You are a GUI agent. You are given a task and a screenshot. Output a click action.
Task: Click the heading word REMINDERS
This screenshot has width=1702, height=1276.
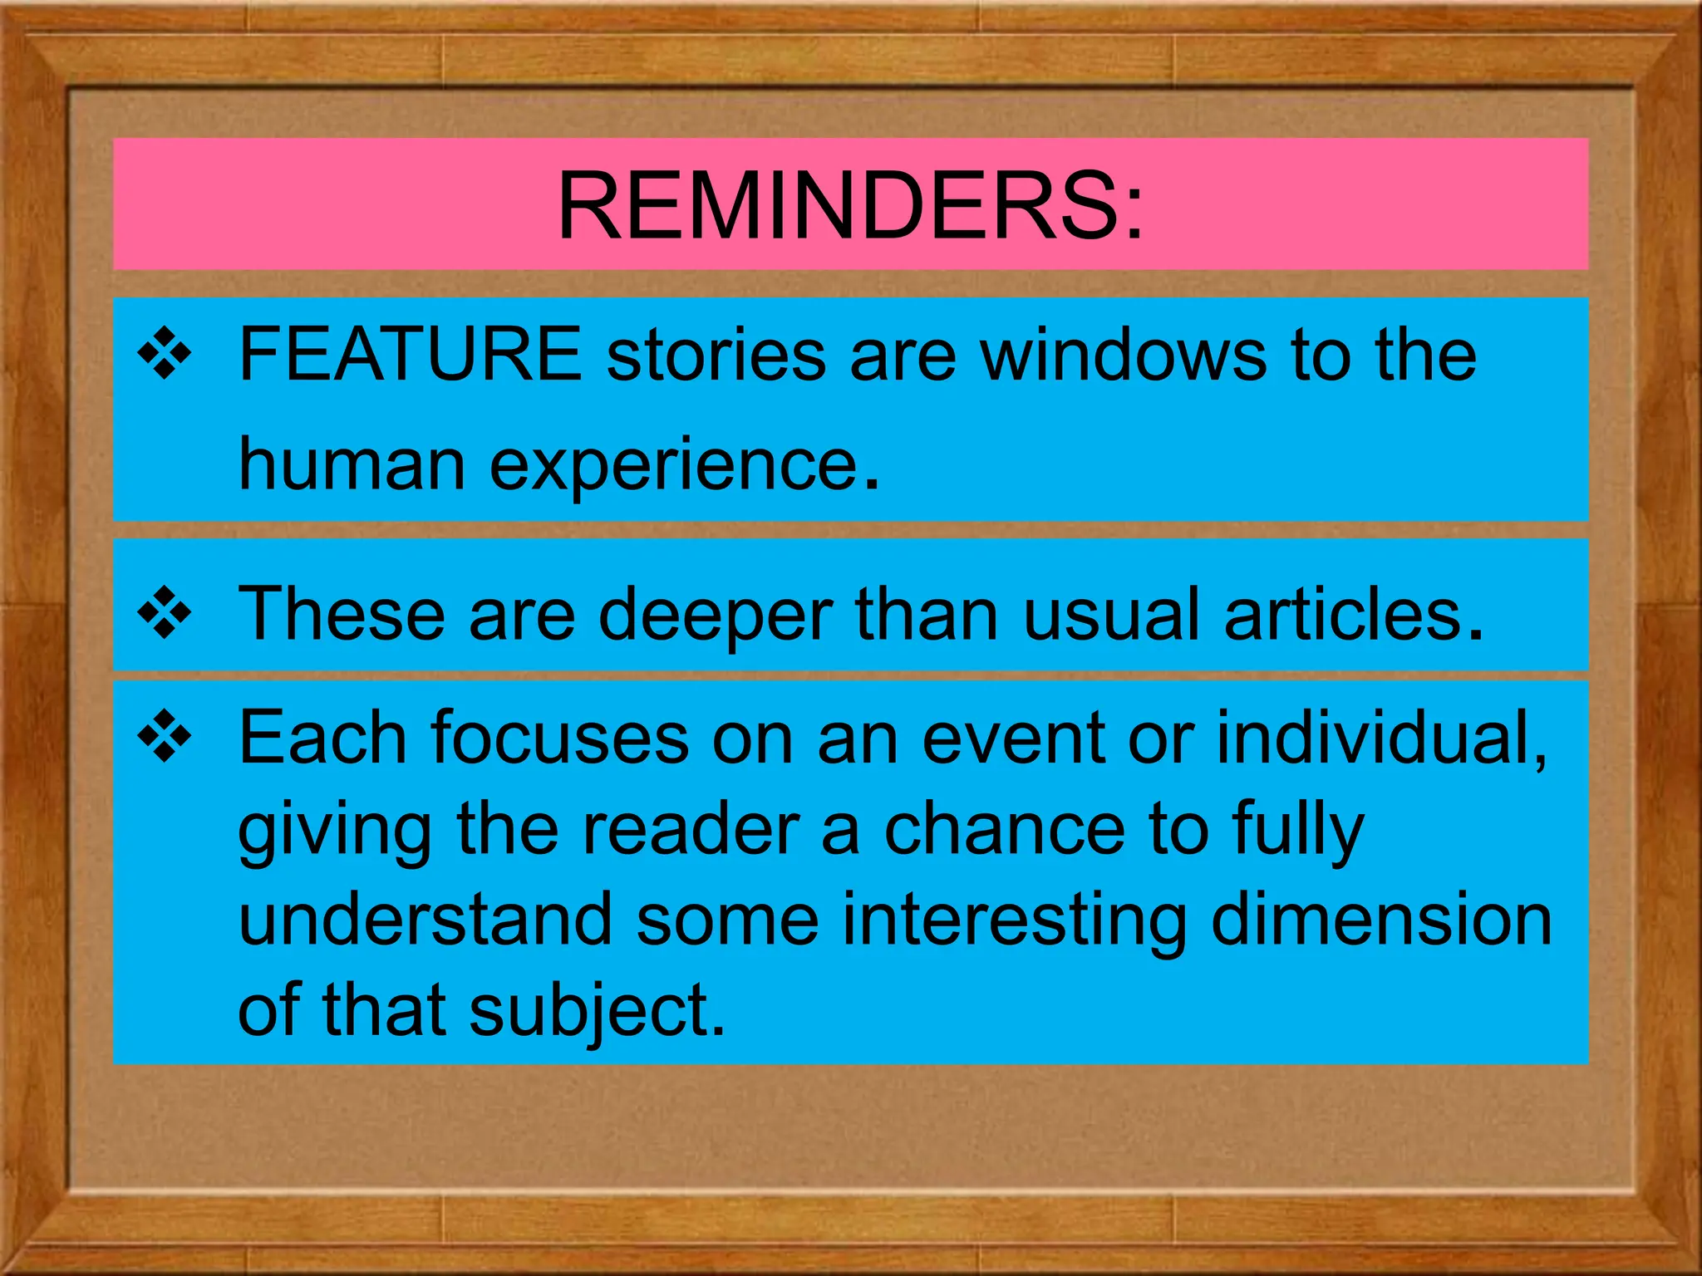click(x=849, y=205)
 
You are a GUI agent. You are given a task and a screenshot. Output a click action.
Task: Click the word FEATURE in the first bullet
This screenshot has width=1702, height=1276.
click(x=411, y=355)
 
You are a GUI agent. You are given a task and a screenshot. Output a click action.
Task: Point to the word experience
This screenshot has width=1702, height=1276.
click(x=673, y=465)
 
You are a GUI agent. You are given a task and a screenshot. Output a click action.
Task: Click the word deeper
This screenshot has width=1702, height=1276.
click(x=715, y=616)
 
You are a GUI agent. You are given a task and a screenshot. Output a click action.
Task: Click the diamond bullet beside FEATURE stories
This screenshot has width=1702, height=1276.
click(x=165, y=355)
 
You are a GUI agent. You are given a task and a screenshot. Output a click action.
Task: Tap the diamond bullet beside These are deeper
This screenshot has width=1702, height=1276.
click(x=165, y=614)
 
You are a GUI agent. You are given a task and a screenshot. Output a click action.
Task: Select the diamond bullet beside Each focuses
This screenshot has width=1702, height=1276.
click(x=165, y=736)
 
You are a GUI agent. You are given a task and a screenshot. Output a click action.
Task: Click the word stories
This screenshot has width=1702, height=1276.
click(x=716, y=355)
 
